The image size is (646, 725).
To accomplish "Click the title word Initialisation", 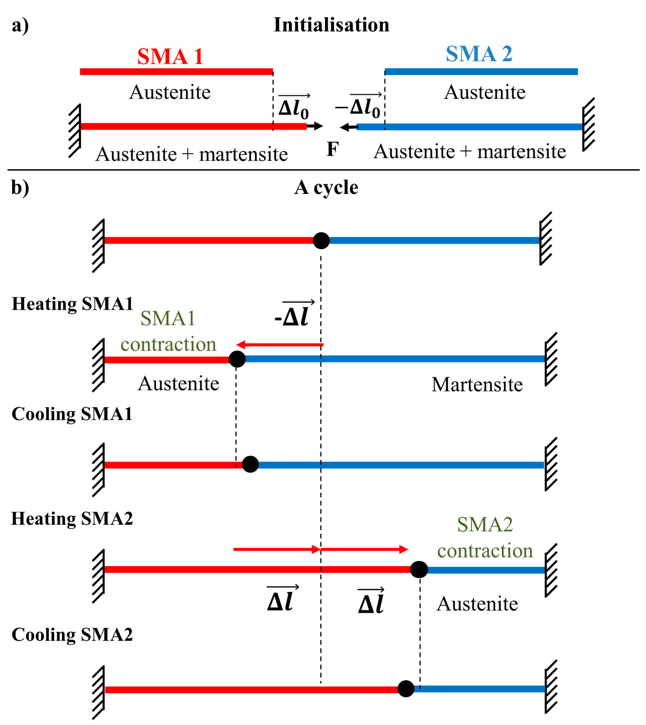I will click(x=331, y=25).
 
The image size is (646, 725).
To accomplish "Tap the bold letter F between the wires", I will click(x=333, y=149).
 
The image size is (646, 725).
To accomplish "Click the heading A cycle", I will click(x=326, y=188).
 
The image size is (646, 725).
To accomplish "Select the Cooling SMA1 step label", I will click(x=72, y=414).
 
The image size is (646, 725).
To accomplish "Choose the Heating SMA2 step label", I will click(x=72, y=519).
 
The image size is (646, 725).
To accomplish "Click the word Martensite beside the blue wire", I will click(x=477, y=385).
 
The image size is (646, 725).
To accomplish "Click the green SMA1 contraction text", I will click(x=168, y=331).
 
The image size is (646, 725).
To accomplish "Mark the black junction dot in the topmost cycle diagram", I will click(x=321, y=241).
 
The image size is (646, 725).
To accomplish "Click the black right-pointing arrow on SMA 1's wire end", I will click(x=315, y=126).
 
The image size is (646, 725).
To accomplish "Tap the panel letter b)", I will click(x=20, y=188).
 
